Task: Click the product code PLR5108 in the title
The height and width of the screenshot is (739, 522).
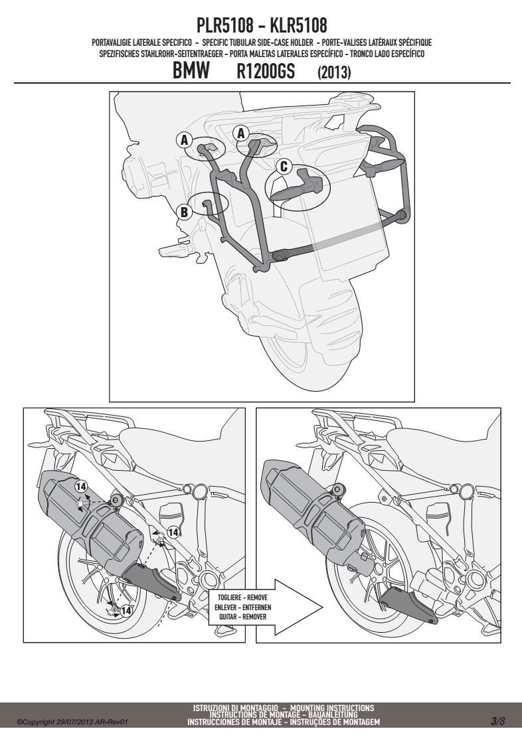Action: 224,25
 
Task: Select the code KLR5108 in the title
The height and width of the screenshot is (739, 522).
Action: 298,25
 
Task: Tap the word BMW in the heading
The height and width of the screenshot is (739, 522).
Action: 191,71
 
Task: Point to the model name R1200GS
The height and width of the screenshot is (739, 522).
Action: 266,72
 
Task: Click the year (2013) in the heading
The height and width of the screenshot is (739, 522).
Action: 334,72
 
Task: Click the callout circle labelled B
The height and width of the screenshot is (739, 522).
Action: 185,212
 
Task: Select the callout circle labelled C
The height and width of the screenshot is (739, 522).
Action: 284,167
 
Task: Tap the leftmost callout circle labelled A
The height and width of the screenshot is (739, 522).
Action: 185,139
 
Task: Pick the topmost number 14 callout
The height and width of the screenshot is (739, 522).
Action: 81,486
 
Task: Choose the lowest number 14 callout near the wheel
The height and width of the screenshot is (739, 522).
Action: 126,611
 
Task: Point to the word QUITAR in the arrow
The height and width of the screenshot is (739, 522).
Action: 228,616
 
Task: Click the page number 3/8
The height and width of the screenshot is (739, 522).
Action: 497,720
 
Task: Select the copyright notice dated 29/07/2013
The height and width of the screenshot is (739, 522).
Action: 72,722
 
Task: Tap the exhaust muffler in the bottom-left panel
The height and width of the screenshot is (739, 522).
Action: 90,521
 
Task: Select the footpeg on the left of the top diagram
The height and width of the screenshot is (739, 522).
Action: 175,247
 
